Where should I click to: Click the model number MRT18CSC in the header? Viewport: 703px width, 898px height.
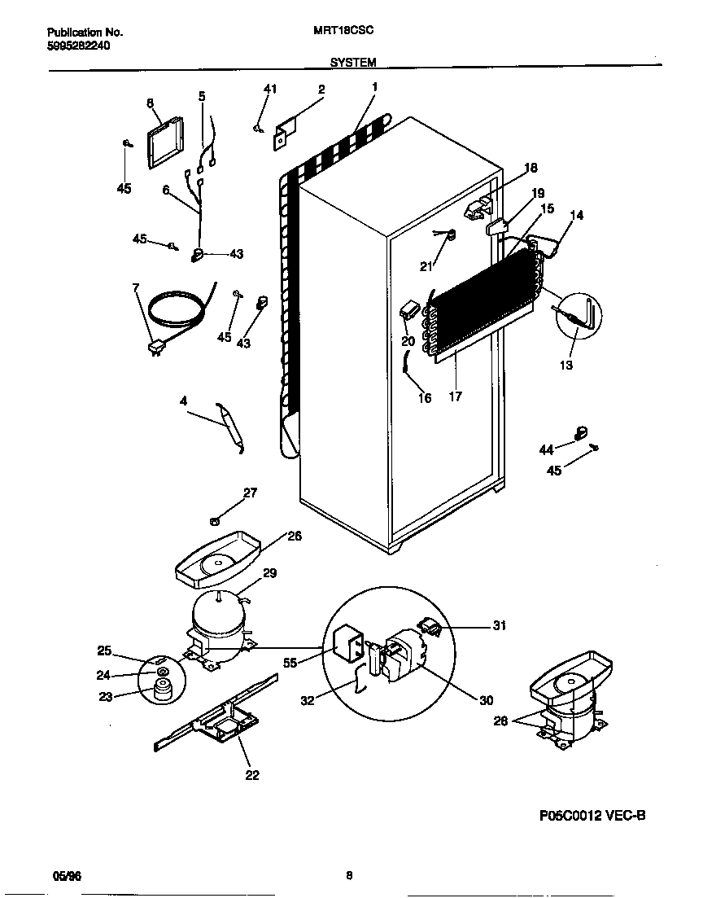[x=343, y=33]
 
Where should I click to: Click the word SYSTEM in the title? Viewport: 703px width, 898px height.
[x=352, y=62]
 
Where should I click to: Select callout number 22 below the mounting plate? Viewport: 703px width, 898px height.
[x=252, y=775]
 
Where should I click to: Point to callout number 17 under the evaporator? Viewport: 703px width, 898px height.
[x=455, y=396]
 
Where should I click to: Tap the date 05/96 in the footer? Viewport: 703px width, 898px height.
[x=67, y=877]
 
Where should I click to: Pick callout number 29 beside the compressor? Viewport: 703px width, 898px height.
[x=269, y=573]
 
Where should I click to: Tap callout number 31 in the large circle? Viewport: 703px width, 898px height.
[x=499, y=625]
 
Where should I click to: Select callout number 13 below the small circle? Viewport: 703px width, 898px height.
[x=565, y=365]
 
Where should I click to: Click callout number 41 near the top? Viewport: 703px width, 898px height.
[x=270, y=89]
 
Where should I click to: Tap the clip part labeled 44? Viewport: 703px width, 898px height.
[x=581, y=433]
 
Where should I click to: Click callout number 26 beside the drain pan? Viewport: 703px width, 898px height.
[x=294, y=536]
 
